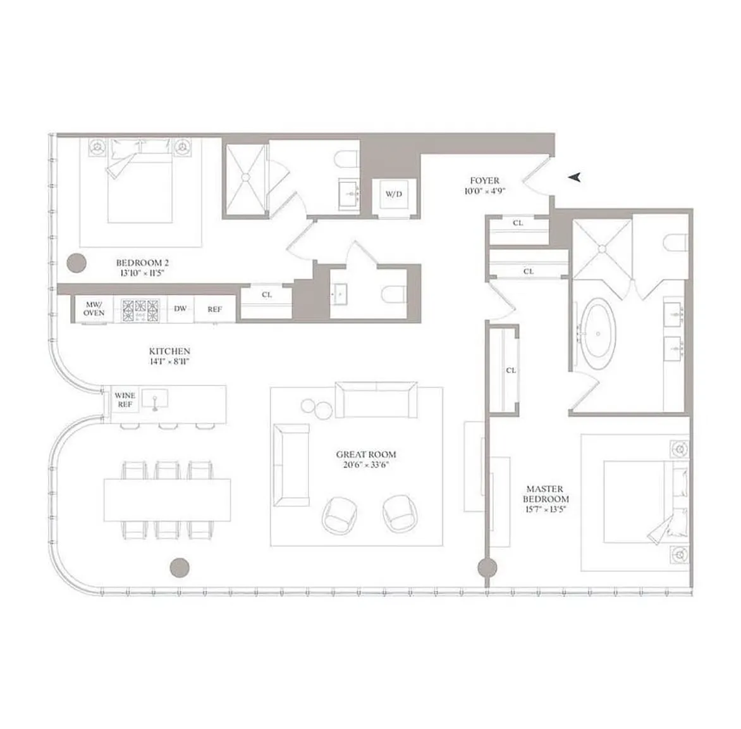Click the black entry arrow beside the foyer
click(575, 177)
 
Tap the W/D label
click(394, 194)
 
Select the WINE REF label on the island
click(125, 400)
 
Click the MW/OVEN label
click(94, 308)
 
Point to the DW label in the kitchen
click(180, 308)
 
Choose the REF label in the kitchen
click(214, 309)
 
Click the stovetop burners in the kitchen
click(140, 310)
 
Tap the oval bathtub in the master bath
click(598, 334)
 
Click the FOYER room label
click(484, 180)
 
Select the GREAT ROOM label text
click(366, 454)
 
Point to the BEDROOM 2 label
click(142, 263)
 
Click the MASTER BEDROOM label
click(546, 494)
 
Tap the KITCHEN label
click(169, 351)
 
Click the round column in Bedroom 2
click(76, 263)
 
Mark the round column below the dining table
click(180, 567)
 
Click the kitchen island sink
click(154, 399)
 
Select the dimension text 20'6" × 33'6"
click(366, 464)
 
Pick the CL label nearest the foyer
click(518, 223)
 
